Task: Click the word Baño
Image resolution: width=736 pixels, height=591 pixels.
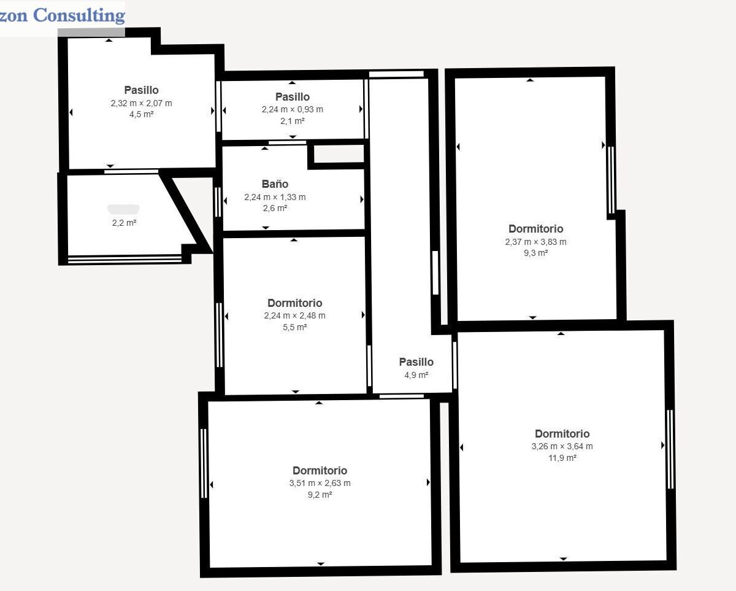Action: pyautogui.click(x=275, y=183)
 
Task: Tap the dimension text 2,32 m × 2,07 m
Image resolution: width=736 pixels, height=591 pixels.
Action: pyautogui.click(x=141, y=103)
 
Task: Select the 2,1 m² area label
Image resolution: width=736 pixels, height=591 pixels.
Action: pyautogui.click(x=293, y=121)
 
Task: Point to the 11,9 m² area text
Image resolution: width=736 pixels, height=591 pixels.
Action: pyautogui.click(x=562, y=458)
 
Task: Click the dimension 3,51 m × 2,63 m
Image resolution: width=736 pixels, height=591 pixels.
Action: pyautogui.click(x=320, y=483)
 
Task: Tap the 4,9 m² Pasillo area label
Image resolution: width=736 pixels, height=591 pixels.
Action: pyautogui.click(x=416, y=375)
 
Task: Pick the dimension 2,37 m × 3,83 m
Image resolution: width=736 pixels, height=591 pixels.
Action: pyautogui.click(x=535, y=242)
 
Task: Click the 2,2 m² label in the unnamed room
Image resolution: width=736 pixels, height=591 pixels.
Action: pyautogui.click(x=124, y=223)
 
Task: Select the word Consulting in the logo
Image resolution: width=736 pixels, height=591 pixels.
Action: pyautogui.click(x=79, y=16)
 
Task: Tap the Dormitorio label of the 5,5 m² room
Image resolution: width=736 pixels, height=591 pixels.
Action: pyautogui.click(x=295, y=303)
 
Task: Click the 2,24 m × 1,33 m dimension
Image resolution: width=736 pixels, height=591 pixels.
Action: pyautogui.click(x=275, y=197)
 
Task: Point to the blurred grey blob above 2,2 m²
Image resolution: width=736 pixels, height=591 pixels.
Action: pyautogui.click(x=123, y=209)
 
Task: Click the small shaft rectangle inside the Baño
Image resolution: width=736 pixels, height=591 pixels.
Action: pyautogui.click(x=339, y=153)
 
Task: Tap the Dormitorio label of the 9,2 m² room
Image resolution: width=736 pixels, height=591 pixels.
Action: pyautogui.click(x=320, y=470)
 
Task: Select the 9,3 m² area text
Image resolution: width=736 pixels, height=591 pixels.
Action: pyautogui.click(x=535, y=253)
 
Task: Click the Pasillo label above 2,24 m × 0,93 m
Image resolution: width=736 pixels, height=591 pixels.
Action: pyautogui.click(x=293, y=97)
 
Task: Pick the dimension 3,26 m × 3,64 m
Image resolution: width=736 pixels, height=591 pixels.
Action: pyautogui.click(x=562, y=446)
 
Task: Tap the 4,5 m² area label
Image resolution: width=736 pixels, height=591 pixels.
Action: pyautogui.click(x=141, y=114)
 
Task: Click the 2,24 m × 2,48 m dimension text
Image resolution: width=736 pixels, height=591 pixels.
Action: pyautogui.click(x=295, y=315)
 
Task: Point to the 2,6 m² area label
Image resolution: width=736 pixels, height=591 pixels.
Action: pyautogui.click(x=275, y=208)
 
